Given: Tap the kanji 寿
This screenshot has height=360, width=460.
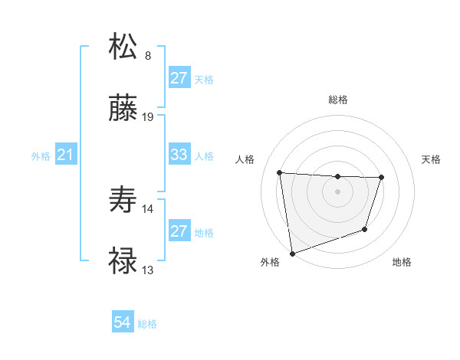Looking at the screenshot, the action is tap(123, 200).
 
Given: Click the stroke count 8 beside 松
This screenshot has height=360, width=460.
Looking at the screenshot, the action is tap(148, 55).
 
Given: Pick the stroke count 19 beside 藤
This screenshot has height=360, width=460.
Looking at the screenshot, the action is tap(149, 117).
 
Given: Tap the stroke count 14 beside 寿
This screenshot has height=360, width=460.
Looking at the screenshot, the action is tap(148, 208).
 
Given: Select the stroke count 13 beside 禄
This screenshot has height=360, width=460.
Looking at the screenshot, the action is tap(148, 270).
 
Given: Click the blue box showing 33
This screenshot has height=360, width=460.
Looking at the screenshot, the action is tap(179, 155).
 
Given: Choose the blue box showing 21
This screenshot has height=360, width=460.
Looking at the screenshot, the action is tap(65, 155).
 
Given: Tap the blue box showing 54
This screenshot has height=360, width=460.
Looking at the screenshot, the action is tap(123, 323).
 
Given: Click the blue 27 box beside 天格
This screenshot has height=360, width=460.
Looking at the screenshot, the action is tap(179, 78).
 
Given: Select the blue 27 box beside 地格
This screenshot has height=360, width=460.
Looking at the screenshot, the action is tap(179, 231).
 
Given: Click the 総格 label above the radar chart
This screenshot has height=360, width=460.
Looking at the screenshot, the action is tap(338, 100).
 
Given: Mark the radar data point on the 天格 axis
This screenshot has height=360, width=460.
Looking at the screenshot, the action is tap(381, 178).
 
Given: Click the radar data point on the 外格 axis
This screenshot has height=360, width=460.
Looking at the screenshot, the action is tap(292, 253).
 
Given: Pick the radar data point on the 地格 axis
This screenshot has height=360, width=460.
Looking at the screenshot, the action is tap(366, 229).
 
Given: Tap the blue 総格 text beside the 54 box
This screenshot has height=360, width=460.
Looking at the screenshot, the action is tap(147, 324).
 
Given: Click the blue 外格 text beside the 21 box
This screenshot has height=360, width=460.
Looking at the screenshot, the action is tap(41, 156).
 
